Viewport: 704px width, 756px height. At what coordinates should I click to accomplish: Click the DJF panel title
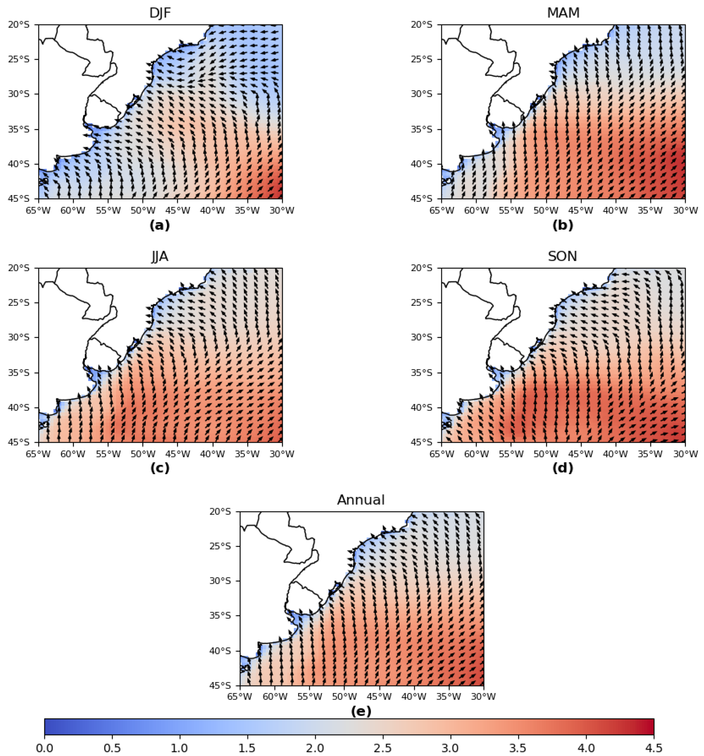[x=160, y=13]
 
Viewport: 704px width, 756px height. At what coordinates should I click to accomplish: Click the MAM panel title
[x=563, y=13]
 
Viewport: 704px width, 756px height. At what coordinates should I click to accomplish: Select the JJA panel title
[x=160, y=257]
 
